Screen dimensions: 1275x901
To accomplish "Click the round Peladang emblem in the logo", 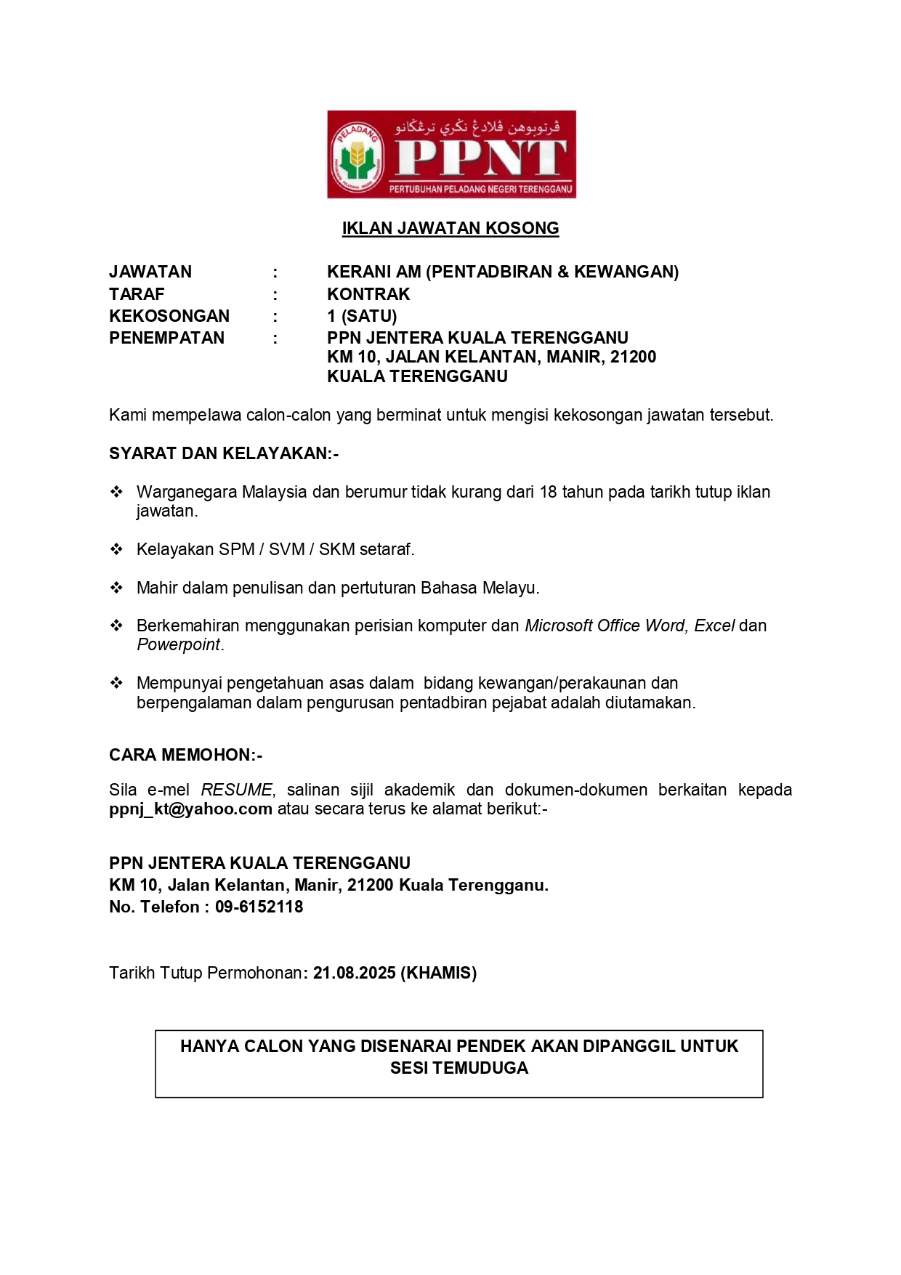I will pyautogui.click(x=356, y=155).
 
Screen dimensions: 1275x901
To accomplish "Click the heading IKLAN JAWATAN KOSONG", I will pyautogui.click(x=450, y=228).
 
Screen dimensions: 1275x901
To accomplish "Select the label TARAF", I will pyautogui.click(x=137, y=294).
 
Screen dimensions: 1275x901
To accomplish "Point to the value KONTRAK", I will pyautogui.click(x=368, y=294).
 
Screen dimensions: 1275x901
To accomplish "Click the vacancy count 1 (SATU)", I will pyautogui.click(x=362, y=316).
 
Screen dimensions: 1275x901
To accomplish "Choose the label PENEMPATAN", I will pyautogui.click(x=166, y=338).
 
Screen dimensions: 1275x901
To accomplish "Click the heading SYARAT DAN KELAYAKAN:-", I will pyautogui.click(x=224, y=453).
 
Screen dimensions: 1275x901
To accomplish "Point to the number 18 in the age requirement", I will pyautogui.click(x=549, y=492).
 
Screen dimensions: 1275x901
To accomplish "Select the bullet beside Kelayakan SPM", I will pyautogui.click(x=116, y=549).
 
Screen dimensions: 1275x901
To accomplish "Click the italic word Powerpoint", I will pyautogui.click(x=178, y=644).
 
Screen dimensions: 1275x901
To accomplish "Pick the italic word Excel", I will pyautogui.click(x=714, y=626).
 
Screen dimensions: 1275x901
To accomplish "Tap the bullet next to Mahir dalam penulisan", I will pyautogui.click(x=116, y=588).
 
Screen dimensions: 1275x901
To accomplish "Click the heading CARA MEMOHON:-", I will pyautogui.click(x=185, y=755).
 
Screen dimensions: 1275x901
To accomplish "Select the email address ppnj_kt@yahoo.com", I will pyautogui.click(x=190, y=809).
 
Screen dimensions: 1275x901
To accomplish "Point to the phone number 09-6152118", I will pyautogui.click(x=259, y=907).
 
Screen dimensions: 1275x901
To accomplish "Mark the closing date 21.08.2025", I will pyautogui.click(x=355, y=973).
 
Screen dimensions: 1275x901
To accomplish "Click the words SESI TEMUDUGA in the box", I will pyautogui.click(x=459, y=1068).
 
